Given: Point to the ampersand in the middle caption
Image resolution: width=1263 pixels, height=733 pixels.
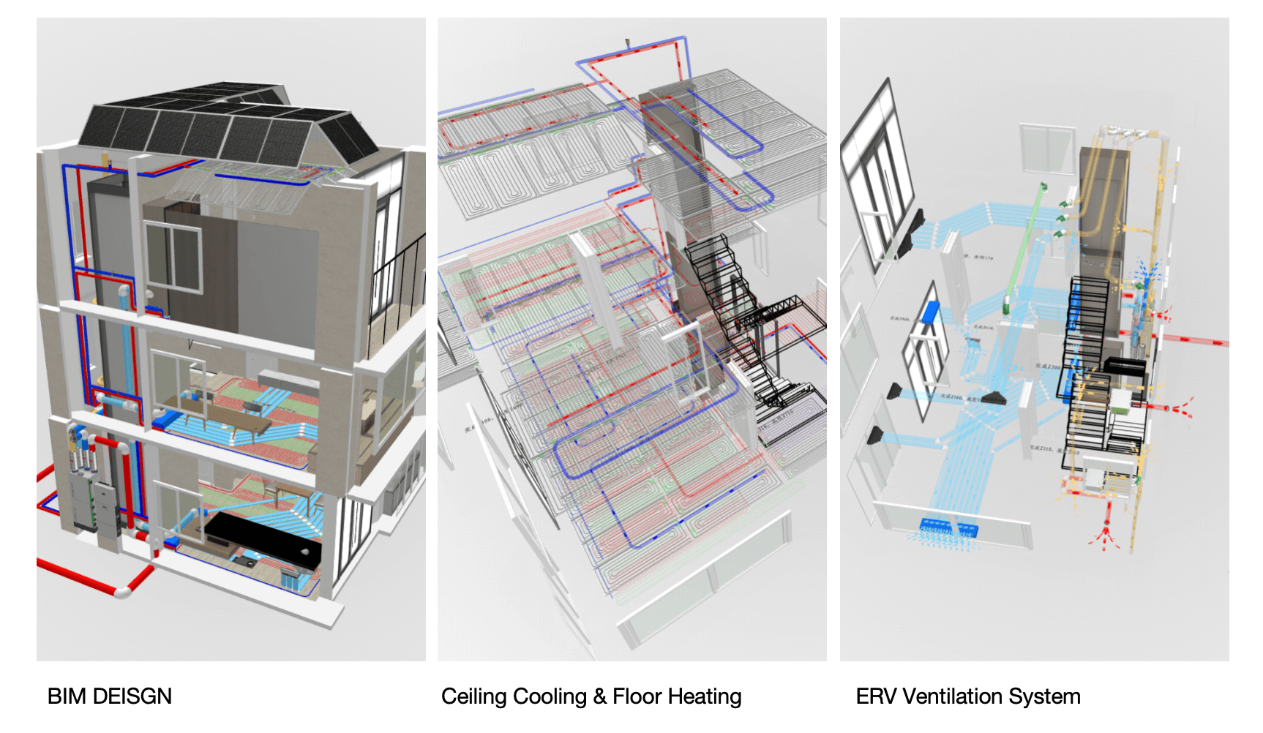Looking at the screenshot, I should click(x=600, y=696).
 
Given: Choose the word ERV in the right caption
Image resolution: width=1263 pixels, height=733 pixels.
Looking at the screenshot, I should click(x=875, y=696).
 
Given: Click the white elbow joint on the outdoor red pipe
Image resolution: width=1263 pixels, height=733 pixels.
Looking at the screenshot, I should click(x=123, y=589).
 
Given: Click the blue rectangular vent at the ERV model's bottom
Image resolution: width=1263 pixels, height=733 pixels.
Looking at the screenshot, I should click(x=948, y=527).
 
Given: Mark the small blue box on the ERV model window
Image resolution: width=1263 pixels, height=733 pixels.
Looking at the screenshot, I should click(x=930, y=312).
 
